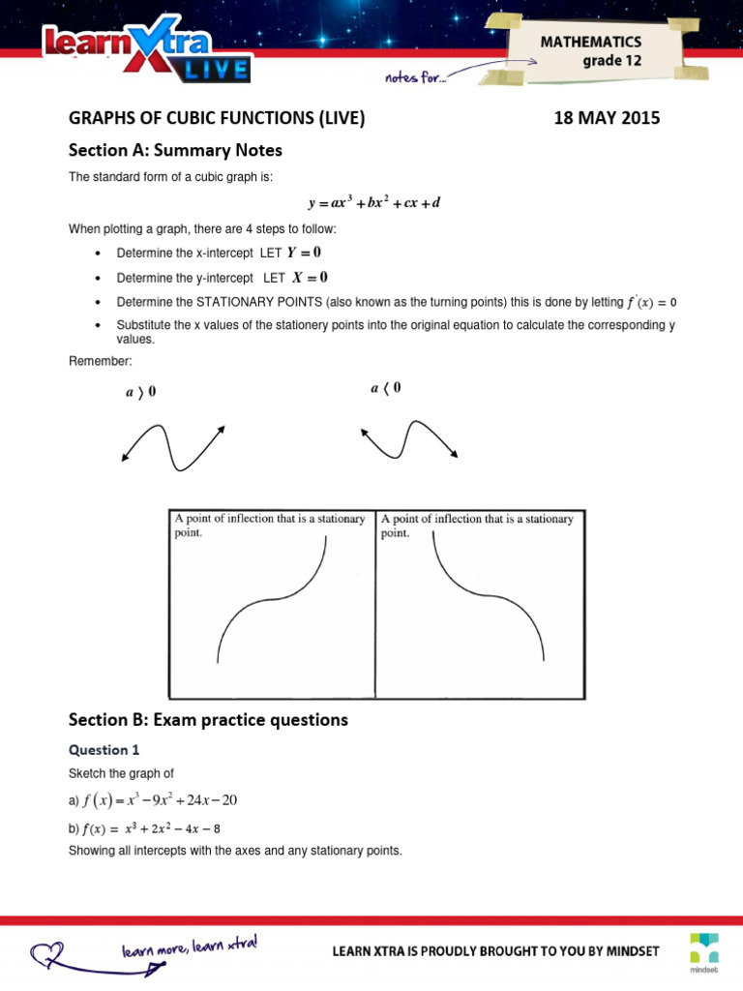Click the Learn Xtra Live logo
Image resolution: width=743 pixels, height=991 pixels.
145,53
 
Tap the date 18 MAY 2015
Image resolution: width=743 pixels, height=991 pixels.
607,118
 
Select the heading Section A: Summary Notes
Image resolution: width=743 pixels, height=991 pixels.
175,150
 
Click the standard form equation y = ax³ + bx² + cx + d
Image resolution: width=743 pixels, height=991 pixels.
373,203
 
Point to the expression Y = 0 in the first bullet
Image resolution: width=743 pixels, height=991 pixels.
304,253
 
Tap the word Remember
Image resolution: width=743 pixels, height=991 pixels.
100,361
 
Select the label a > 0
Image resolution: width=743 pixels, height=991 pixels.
140,392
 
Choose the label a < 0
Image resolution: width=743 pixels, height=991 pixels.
385,388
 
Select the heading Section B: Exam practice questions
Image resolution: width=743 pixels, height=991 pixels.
208,720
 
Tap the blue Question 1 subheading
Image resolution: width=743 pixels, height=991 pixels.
104,750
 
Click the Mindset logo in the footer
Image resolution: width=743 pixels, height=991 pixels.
703,952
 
